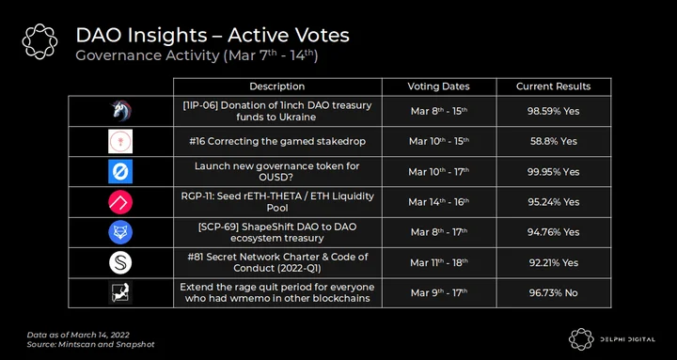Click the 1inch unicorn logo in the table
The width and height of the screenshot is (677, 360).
click(x=120, y=111)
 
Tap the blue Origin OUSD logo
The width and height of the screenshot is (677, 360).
click(x=120, y=172)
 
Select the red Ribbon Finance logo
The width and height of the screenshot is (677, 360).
click(x=120, y=202)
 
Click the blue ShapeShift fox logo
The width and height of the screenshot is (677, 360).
click(x=120, y=232)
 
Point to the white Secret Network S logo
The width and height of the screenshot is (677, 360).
click(x=120, y=262)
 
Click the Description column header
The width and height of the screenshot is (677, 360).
click(x=277, y=86)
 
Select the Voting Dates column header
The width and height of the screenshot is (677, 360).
click(x=439, y=86)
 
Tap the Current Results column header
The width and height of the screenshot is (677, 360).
click(x=554, y=86)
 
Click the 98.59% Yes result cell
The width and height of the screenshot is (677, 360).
click(x=554, y=111)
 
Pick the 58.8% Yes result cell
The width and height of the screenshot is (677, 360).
click(x=554, y=141)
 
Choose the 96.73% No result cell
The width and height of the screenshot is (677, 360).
click(x=554, y=292)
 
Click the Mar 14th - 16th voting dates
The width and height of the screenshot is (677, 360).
click(x=439, y=201)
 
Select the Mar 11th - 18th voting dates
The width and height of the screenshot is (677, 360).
click(x=439, y=262)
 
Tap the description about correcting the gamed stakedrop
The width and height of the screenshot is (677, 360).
click(x=277, y=141)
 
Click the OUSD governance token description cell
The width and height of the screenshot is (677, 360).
click(x=277, y=171)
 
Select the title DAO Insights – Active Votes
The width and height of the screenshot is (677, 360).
click(x=213, y=36)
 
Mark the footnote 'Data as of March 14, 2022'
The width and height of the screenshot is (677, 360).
click(x=78, y=335)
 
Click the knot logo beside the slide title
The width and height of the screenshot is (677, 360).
click(x=39, y=41)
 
